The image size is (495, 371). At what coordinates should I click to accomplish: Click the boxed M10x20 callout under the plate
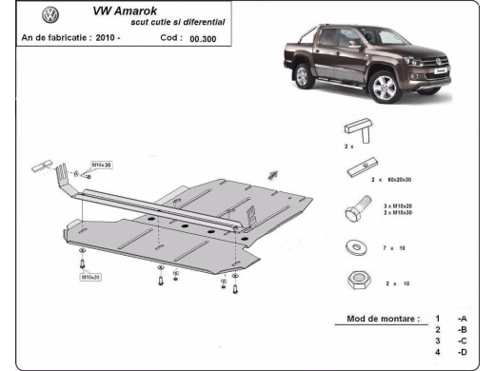[91, 277]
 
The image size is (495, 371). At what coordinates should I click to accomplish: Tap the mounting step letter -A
[461, 318]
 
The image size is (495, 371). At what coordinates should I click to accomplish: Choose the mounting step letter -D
[461, 352]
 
